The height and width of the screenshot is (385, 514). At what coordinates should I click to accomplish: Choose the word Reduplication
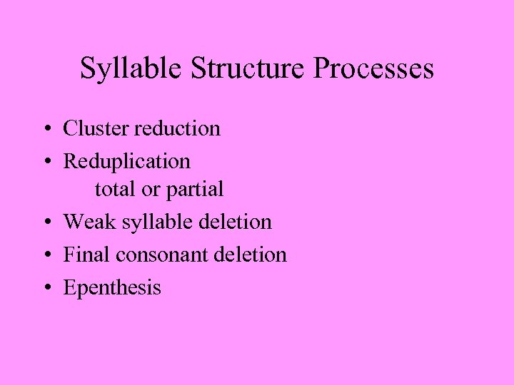127,162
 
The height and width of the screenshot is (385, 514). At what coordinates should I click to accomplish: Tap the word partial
195,190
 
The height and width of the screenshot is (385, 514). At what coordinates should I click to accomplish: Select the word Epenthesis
112,288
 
